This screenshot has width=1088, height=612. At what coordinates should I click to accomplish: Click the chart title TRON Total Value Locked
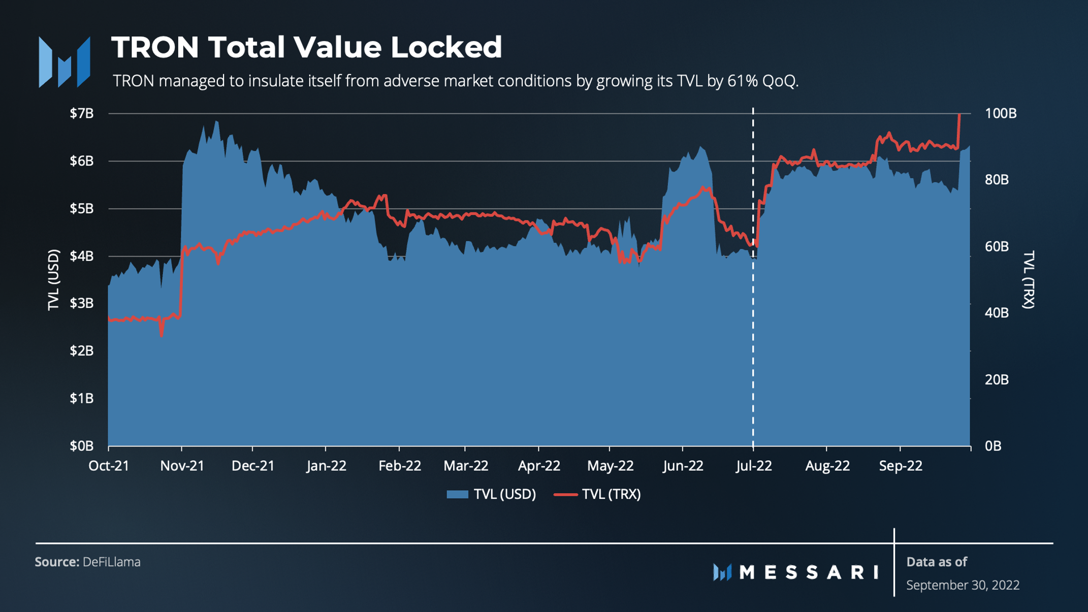[x=306, y=47]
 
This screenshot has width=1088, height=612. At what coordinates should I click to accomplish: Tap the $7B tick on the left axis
[x=82, y=113]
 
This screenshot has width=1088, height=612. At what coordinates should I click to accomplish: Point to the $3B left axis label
[x=82, y=303]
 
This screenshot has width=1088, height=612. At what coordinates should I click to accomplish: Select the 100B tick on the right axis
[x=1000, y=113]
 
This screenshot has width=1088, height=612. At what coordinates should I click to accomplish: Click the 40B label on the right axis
[x=997, y=313]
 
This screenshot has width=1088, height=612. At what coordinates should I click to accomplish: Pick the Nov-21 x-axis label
[x=182, y=466]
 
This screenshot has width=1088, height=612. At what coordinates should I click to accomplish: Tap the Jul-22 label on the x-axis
[x=753, y=466]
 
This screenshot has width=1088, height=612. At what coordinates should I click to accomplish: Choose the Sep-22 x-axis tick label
[x=900, y=466]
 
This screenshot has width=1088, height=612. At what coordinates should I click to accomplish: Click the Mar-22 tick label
[x=465, y=466]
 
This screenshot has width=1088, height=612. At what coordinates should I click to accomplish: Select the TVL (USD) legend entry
[x=492, y=494]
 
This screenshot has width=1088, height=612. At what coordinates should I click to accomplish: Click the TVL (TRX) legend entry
[x=598, y=494]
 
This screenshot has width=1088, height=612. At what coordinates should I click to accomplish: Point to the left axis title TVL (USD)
[x=53, y=279]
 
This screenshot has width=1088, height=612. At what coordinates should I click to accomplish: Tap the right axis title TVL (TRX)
[x=1028, y=279]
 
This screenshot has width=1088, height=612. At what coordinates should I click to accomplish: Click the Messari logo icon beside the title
[x=65, y=62]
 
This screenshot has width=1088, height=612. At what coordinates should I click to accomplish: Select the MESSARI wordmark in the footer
[x=809, y=572]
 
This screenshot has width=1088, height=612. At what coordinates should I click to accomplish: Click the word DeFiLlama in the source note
[x=111, y=562]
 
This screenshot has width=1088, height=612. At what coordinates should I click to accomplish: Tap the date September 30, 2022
[x=963, y=585]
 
